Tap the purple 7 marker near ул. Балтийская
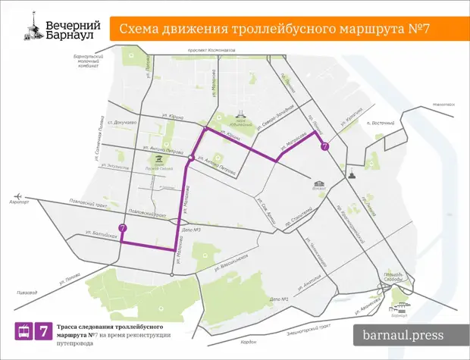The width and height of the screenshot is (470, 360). [x=122, y=227]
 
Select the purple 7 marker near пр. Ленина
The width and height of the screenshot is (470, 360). [x=324, y=146]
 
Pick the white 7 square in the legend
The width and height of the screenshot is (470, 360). [x=45, y=331]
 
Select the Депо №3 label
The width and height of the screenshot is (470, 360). [x=192, y=230]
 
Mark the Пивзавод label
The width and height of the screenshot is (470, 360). [x=26, y=292]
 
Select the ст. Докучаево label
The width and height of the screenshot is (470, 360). [x=121, y=122]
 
